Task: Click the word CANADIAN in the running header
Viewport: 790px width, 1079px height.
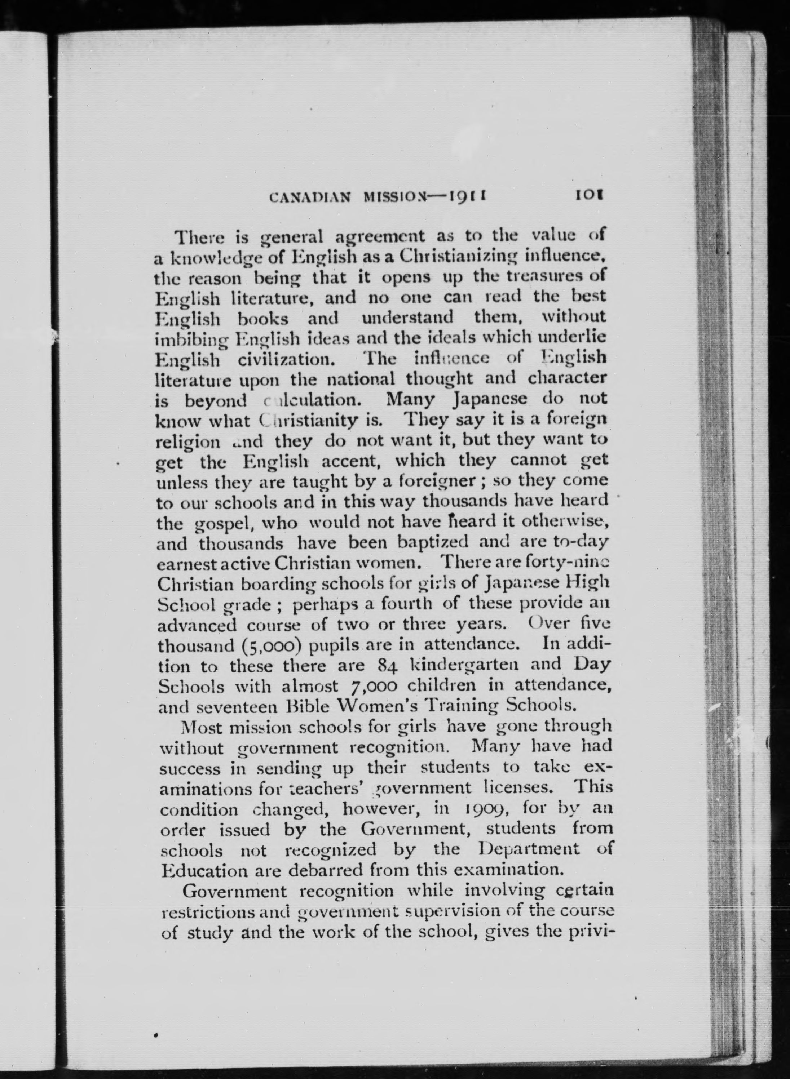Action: click(311, 197)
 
